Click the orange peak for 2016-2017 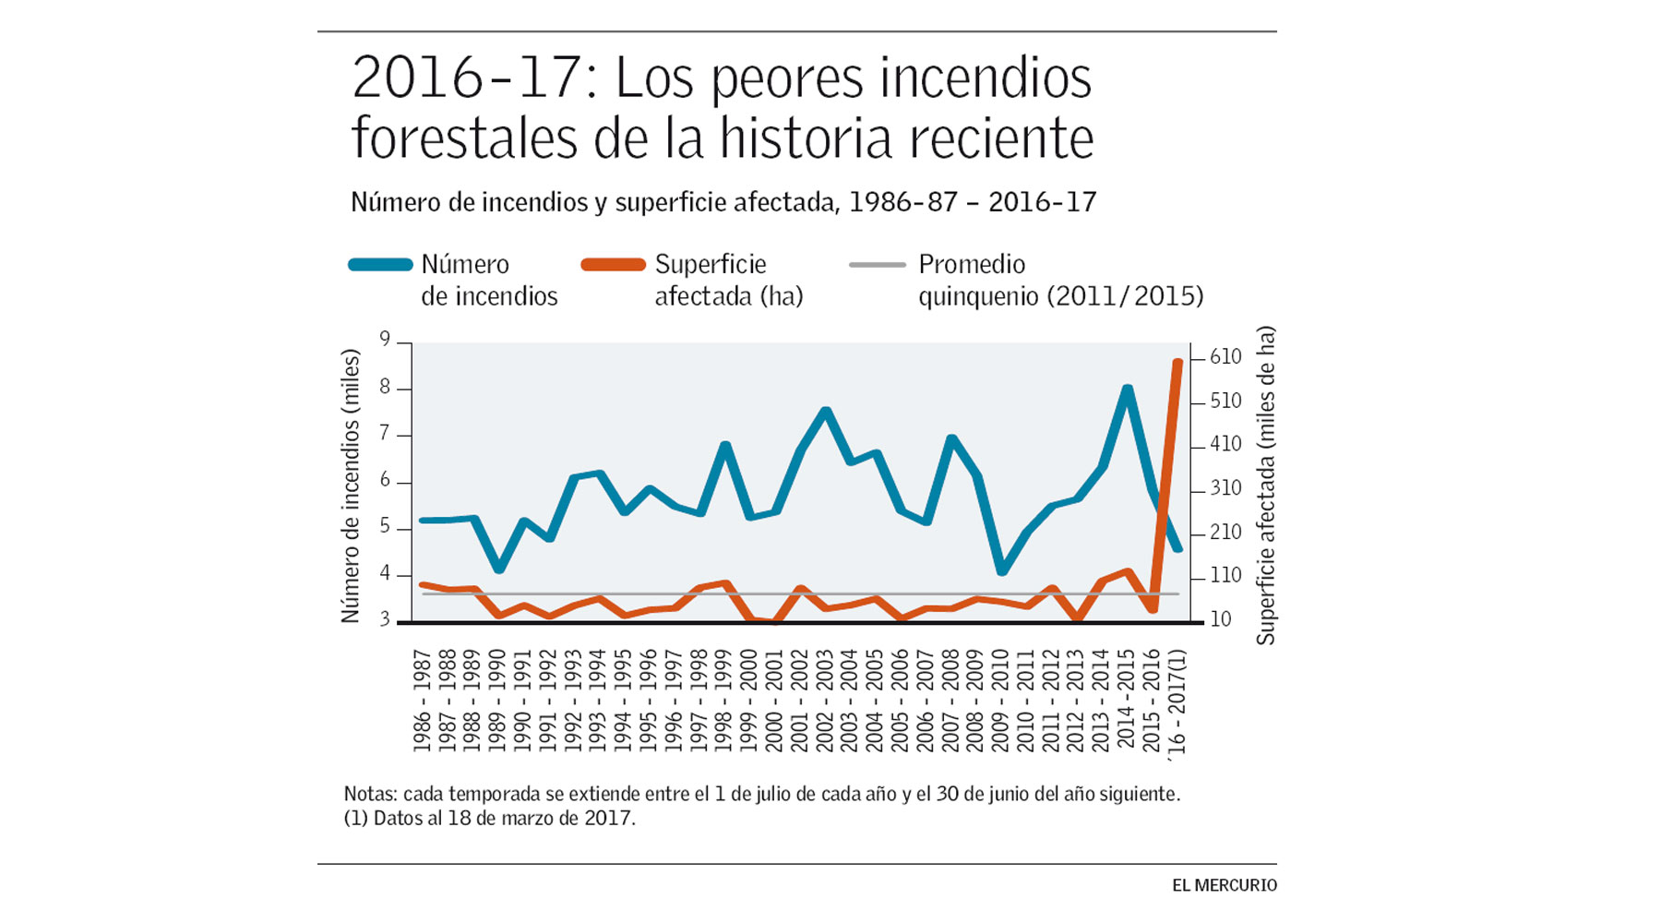1177,363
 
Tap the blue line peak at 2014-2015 1127,390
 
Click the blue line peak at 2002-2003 826,412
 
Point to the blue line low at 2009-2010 1002,571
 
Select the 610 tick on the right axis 1225,357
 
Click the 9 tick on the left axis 386,340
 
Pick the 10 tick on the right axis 1220,619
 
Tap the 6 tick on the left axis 386,480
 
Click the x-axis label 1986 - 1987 423,701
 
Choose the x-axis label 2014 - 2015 1126,701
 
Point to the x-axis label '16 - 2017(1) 1177,702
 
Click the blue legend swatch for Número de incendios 380,265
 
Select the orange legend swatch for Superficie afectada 613,265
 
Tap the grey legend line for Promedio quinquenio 878,265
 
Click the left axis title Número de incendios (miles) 350,485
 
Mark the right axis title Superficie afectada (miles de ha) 1265,485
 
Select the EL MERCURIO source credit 1224,885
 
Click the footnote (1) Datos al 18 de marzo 489,818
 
